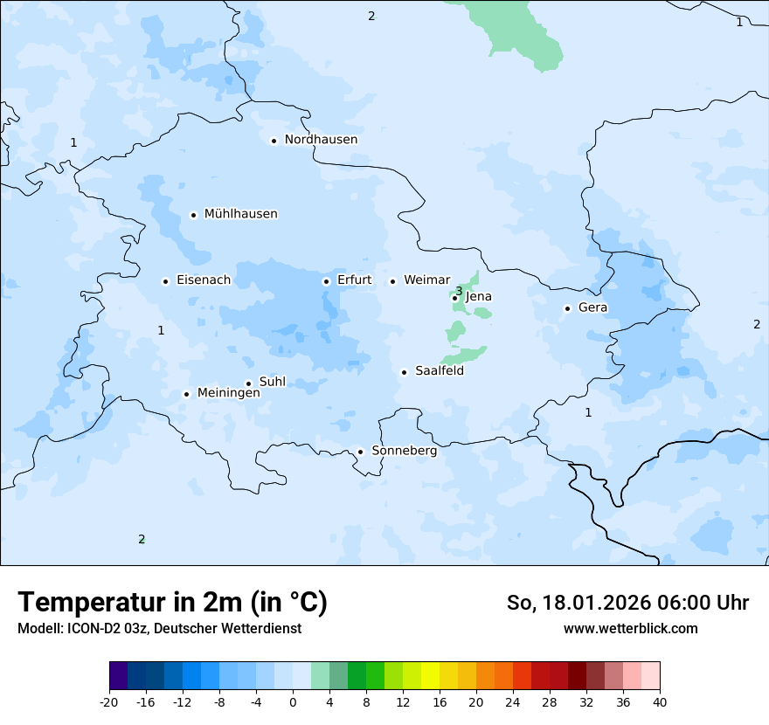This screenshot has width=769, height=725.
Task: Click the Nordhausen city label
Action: [321, 140]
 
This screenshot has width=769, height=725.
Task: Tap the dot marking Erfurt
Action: [326, 281]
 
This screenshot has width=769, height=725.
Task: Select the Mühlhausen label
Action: [240, 214]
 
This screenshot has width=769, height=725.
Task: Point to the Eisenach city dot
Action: [165, 281]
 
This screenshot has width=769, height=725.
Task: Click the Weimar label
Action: [426, 280]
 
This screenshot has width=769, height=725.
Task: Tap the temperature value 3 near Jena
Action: [459, 291]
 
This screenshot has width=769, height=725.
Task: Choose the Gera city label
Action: [592, 307]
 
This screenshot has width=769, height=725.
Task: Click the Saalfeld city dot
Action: [404, 372]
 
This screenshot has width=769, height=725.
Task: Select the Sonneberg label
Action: [404, 451]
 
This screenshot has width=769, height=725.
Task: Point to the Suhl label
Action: [273, 382]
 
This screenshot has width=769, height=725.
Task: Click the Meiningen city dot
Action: [186, 394]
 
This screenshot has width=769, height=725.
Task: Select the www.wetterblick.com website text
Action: [630, 629]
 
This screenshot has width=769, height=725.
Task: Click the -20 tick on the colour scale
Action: [109, 702]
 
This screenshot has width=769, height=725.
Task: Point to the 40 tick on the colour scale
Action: [659, 702]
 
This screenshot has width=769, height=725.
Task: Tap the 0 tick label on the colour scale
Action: [293, 702]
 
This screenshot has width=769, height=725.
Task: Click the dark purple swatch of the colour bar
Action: [118, 676]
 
